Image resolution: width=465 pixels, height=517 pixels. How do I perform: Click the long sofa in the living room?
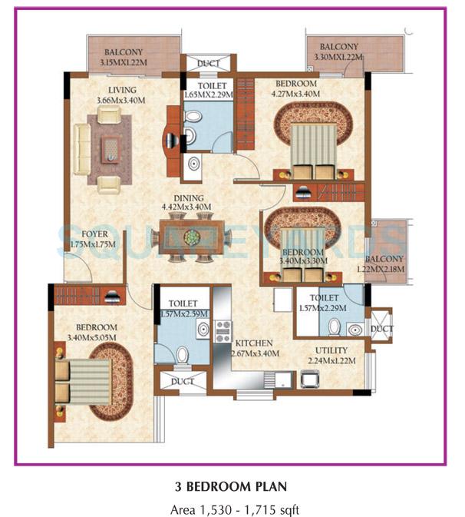[81, 149]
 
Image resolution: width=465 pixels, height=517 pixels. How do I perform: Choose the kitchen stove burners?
[223, 331]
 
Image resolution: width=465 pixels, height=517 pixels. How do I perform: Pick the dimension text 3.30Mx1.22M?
[338, 56]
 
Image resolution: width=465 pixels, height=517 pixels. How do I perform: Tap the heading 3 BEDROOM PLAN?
[232, 486]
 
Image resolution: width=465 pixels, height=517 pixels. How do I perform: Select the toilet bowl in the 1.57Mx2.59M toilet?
[181, 355]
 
